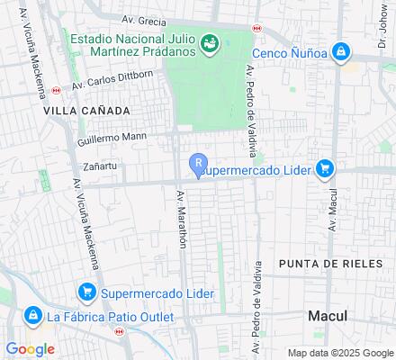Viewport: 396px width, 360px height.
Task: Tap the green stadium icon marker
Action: point(210,42)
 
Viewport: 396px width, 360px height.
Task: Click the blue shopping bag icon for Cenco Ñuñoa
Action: point(341,53)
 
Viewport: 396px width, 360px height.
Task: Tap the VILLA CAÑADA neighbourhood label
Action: point(85,110)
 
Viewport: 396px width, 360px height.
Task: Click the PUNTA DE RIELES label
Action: point(323,263)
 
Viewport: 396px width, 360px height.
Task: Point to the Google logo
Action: point(30,348)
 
